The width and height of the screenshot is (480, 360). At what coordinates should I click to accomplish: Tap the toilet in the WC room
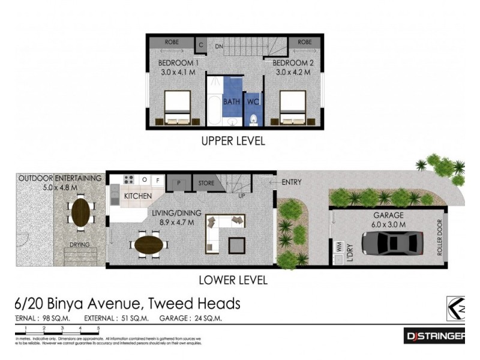point(253,118)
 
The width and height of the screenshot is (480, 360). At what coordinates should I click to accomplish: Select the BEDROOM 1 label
point(178,63)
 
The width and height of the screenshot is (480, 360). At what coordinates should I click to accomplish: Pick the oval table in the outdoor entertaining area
point(81,211)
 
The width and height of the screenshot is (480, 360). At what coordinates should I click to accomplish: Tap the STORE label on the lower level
point(206,183)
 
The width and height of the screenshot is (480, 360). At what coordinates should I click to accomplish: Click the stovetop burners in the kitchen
point(128,179)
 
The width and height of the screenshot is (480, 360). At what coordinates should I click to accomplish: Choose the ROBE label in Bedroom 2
point(305,42)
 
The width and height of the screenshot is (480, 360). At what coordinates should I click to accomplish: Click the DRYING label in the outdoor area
point(80,245)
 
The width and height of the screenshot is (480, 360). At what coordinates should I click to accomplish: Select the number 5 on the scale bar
point(98,328)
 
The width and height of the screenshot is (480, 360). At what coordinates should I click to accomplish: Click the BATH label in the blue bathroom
point(232,101)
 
